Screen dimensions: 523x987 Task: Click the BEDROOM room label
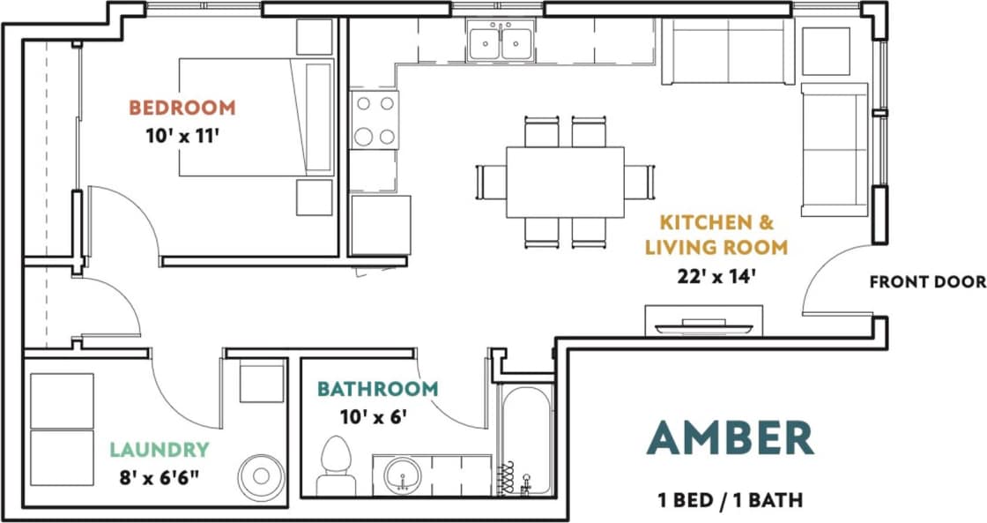coord(182,108)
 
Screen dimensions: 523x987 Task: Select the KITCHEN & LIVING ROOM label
coord(716,235)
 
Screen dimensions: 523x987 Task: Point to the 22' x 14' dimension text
coord(716,275)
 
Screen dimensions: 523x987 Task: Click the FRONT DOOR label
coord(927,282)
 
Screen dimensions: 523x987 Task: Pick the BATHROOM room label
coord(377,389)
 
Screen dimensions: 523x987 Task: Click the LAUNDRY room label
coord(160,450)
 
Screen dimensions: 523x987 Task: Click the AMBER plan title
coord(730,438)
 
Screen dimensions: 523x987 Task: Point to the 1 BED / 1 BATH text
coord(730,500)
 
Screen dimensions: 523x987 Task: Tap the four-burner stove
coord(375,120)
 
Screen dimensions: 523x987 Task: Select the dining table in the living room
coord(565,182)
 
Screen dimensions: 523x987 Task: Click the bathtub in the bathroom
coord(526,441)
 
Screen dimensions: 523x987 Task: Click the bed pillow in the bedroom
coord(318,117)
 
